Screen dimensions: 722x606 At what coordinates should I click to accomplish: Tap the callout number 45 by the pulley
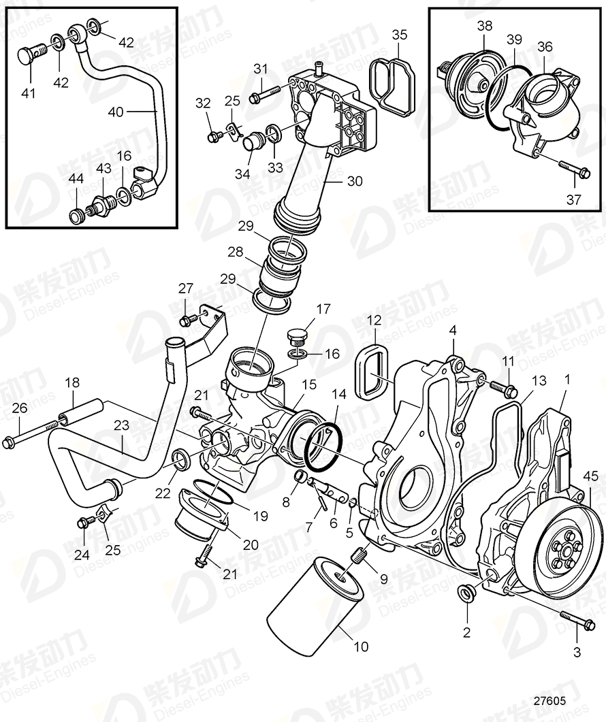click(x=590, y=476)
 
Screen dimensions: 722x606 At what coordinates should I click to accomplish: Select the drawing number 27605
click(x=550, y=700)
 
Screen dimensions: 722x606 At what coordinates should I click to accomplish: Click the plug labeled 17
click(x=297, y=337)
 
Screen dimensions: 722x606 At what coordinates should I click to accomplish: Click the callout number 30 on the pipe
click(x=354, y=182)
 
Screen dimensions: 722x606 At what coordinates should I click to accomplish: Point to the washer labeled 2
click(x=467, y=593)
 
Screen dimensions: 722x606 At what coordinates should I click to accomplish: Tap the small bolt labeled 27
click(x=185, y=319)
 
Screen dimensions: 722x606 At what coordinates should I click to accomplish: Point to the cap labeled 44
click(x=76, y=217)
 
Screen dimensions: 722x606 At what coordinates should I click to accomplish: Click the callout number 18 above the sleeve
click(x=72, y=383)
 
